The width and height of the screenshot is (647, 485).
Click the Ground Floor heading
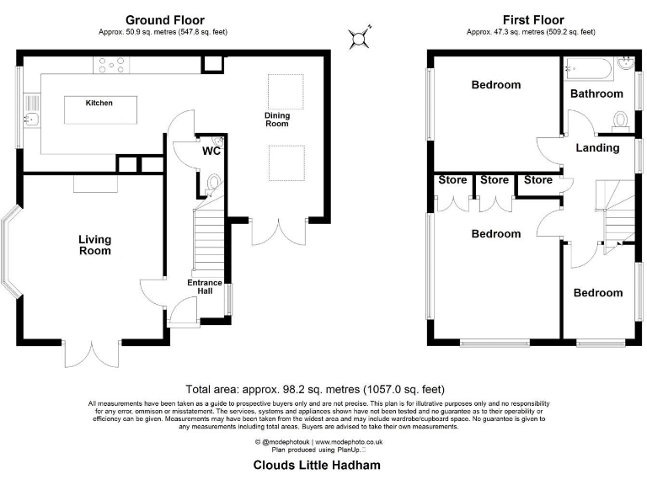point(163,20)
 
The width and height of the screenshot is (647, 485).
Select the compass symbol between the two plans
point(360,36)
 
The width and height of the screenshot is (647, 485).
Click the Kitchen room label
point(99,103)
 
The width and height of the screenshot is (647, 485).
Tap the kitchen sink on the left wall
point(31,112)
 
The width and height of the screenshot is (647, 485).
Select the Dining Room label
point(276,120)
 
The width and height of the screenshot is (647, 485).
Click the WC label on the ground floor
point(211,152)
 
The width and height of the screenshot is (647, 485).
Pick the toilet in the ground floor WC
point(213,181)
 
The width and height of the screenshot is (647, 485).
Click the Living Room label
point(95,245)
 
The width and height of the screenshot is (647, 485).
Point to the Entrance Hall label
point(205,287)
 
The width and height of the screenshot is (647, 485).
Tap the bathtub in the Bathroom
point(590,66)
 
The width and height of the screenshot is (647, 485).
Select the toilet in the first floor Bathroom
point(621,120)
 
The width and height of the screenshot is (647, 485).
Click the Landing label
point(597,148)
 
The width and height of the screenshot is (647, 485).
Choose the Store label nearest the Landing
point(537,180)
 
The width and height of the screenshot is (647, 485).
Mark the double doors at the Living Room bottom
point(91,353)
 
